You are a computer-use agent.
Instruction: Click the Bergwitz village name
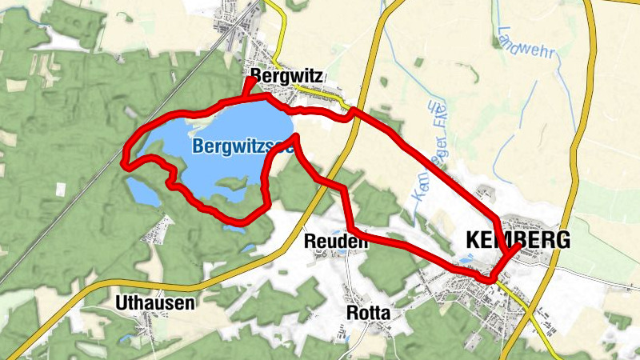coord(286,76)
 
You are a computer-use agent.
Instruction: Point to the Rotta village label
coord(368,313)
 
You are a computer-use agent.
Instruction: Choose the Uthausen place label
coord(155,303)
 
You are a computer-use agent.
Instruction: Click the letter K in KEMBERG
coord(471,239)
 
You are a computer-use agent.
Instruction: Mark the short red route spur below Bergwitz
coord(249,89)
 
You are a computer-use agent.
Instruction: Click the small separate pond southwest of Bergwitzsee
coord(142,190)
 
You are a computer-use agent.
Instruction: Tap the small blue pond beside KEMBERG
coord(464,261)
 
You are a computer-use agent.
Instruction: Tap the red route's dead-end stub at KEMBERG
coord(513,249)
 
